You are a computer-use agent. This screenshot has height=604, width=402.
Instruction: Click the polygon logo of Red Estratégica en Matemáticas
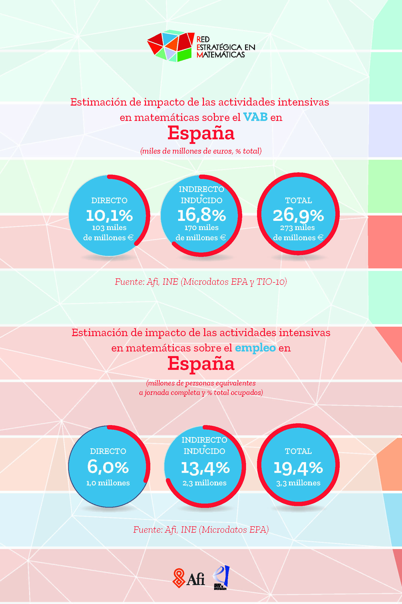click(x=170, y=47)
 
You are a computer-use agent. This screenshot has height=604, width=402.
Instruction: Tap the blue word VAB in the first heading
click(x=255, y=117)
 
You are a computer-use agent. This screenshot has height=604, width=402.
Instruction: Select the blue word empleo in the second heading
click(x=255, y=348)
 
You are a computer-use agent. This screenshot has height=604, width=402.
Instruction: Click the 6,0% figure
click(x=108, y=467)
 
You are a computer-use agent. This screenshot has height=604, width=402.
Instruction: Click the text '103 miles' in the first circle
click(x=109, y=228)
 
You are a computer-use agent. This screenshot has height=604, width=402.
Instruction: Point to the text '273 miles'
click(x=297, y=228)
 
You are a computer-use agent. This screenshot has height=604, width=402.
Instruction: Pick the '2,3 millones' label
click(x=205, y=483)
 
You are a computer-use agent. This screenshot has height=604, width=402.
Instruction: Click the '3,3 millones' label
click(x=298, y=483)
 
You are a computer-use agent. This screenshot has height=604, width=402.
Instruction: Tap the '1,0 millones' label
click(x=108, y=483)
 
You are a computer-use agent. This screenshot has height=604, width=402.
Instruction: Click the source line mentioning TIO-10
click(x=201, y=282)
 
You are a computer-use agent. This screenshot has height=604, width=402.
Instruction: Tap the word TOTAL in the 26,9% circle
click(x=298, y=200)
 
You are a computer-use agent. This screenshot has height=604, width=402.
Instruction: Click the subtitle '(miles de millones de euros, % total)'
click(x=201, y=151)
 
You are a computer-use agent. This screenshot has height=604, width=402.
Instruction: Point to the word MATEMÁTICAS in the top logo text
click(x=221, y=55)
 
